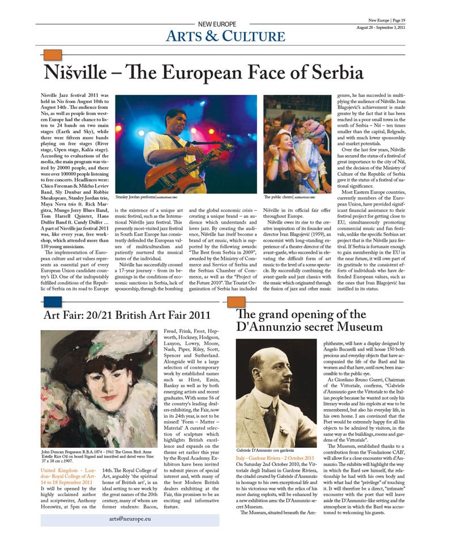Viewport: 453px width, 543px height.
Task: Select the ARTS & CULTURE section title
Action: click(225, 37)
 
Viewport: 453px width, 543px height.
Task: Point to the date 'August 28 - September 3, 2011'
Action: click(381, 27)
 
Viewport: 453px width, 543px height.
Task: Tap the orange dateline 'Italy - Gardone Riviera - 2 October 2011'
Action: click(275, 473)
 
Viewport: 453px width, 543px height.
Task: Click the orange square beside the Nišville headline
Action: click(53, 54)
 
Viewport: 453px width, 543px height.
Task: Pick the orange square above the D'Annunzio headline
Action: click(236, 302)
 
